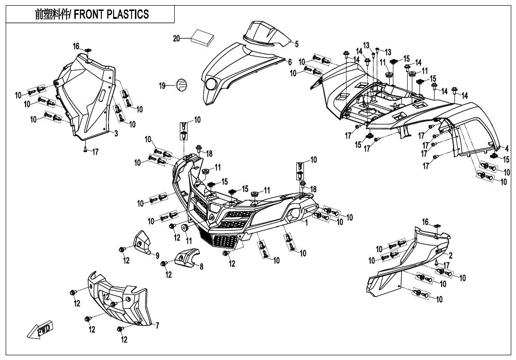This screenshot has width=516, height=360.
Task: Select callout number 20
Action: (x=177, y=38)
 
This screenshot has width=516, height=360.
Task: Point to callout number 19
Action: (x=162, y=86)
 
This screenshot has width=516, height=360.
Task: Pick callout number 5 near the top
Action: (x=297, y=44)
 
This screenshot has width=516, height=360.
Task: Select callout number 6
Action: (x=290, y=62)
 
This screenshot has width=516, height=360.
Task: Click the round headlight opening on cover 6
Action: (x=211, y=85)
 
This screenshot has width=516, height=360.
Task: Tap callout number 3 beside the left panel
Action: (x=116, y=134)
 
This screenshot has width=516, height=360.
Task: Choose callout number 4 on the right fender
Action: (x=507, y=148)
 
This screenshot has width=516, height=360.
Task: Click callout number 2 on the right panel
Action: (x=451, y=255)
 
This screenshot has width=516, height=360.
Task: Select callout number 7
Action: (x=157, y=326)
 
